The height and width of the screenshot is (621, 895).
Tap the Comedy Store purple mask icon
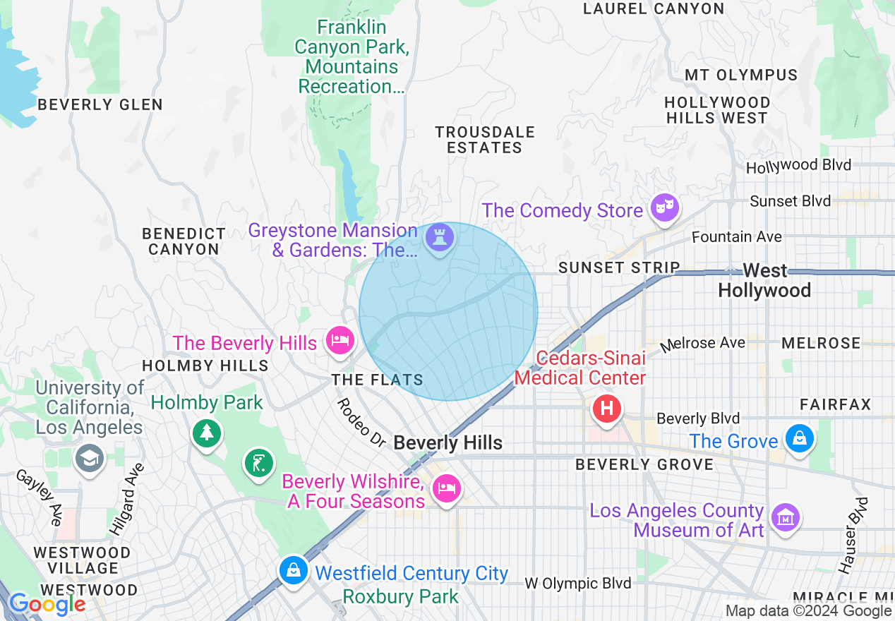(x=664, y=206)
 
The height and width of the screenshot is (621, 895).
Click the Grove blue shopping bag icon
(x=799, y=439)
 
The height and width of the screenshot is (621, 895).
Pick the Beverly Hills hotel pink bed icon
(x=340, y=341)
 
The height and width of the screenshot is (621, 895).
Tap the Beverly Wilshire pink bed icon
(x=446, y=488)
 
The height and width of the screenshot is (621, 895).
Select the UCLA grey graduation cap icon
(x=90, y=459)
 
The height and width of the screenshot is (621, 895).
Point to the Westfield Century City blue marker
(x=292, y=569)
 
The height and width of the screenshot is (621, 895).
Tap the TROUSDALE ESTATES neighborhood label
(x=485, y=140)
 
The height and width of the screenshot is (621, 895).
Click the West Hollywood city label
(x=764, y=281)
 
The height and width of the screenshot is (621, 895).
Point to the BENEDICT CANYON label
(x=184, y=241)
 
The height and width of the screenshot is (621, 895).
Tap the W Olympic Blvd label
(x=577, y=584)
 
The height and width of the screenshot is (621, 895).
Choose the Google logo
(x=47, y=604)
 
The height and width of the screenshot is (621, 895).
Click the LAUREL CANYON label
(x=654, y=9)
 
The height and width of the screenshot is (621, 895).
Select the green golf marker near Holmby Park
(x=259, y=464)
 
